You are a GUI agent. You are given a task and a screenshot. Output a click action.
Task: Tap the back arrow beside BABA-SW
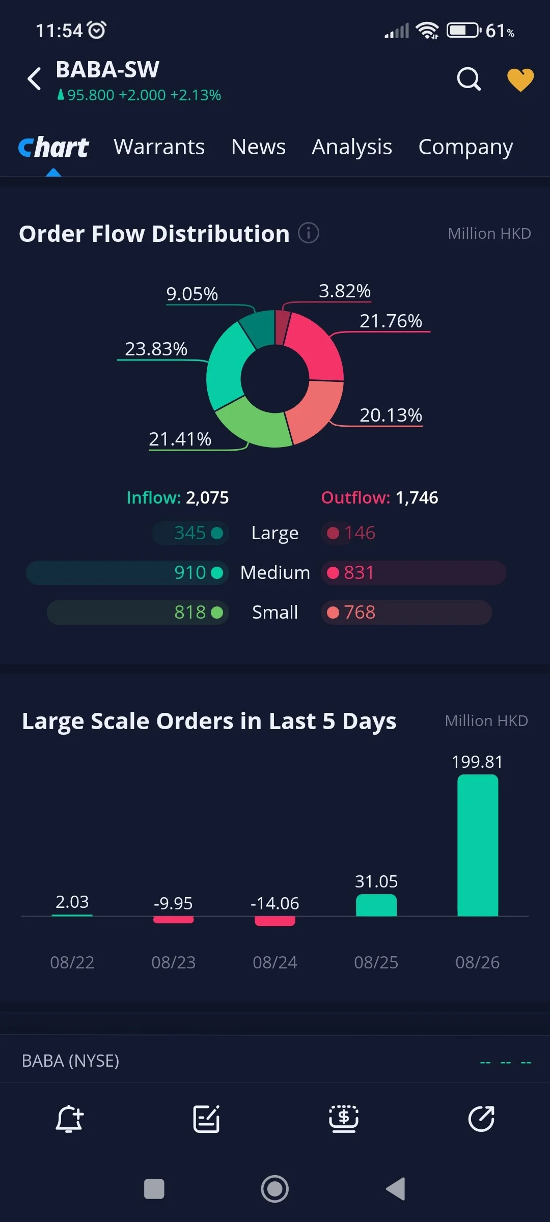click(34, 79)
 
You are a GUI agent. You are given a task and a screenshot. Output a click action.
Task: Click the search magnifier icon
click(469, 79)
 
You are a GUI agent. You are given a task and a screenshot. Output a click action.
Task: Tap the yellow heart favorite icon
click(520, 80)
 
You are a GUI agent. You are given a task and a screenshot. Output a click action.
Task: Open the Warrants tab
click(159, 147)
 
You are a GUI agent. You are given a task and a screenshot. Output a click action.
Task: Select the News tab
click(258, 147)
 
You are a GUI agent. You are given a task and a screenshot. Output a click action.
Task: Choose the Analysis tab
click(352, 147)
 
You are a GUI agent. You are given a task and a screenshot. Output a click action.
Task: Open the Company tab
click(465, 147)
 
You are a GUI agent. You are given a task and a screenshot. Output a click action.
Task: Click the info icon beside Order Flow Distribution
click(309, 233)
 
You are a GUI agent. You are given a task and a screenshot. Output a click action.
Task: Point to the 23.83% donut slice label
click(156, 349)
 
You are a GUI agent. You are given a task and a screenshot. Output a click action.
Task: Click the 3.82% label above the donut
click(345, 291)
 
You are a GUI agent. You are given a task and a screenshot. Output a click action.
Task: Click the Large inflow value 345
click(190, 533)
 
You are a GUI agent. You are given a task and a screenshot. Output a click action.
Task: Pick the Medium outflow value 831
click(359, 572)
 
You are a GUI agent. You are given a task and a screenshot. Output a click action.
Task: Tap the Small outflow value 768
click(360, 612)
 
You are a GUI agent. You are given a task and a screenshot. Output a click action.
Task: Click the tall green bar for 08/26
click(478, 845)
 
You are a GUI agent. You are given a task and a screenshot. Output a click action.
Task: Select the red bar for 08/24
click(275, 921)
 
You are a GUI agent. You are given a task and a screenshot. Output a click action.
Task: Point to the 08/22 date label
click(72, 962)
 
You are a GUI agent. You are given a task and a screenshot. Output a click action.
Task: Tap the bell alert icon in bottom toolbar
click(69, 1119)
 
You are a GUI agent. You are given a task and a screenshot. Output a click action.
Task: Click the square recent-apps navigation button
click(154, 1189)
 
